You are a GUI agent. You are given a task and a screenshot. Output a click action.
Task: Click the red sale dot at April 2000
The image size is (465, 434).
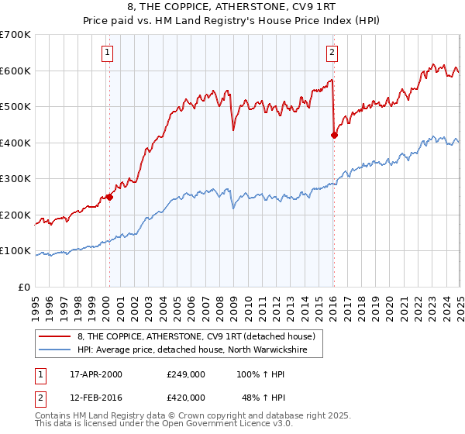[109, 197]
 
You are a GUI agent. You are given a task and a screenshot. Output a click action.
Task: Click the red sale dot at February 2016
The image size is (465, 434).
[334, 135]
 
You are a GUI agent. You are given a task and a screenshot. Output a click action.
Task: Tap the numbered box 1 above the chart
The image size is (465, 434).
[107, 53]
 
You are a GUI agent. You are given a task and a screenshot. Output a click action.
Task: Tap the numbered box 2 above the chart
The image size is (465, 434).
[332, 53]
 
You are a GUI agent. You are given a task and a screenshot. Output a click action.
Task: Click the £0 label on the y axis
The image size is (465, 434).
[25, 287]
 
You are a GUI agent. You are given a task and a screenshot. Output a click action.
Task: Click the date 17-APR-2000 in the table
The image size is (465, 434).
[96, 374]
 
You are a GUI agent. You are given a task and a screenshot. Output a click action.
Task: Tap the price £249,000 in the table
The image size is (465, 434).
[185, 374]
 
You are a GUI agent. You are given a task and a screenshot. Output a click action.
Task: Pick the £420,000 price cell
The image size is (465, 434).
[185, 397]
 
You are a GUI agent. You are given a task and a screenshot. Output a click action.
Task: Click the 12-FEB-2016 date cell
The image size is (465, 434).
[96, 397]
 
